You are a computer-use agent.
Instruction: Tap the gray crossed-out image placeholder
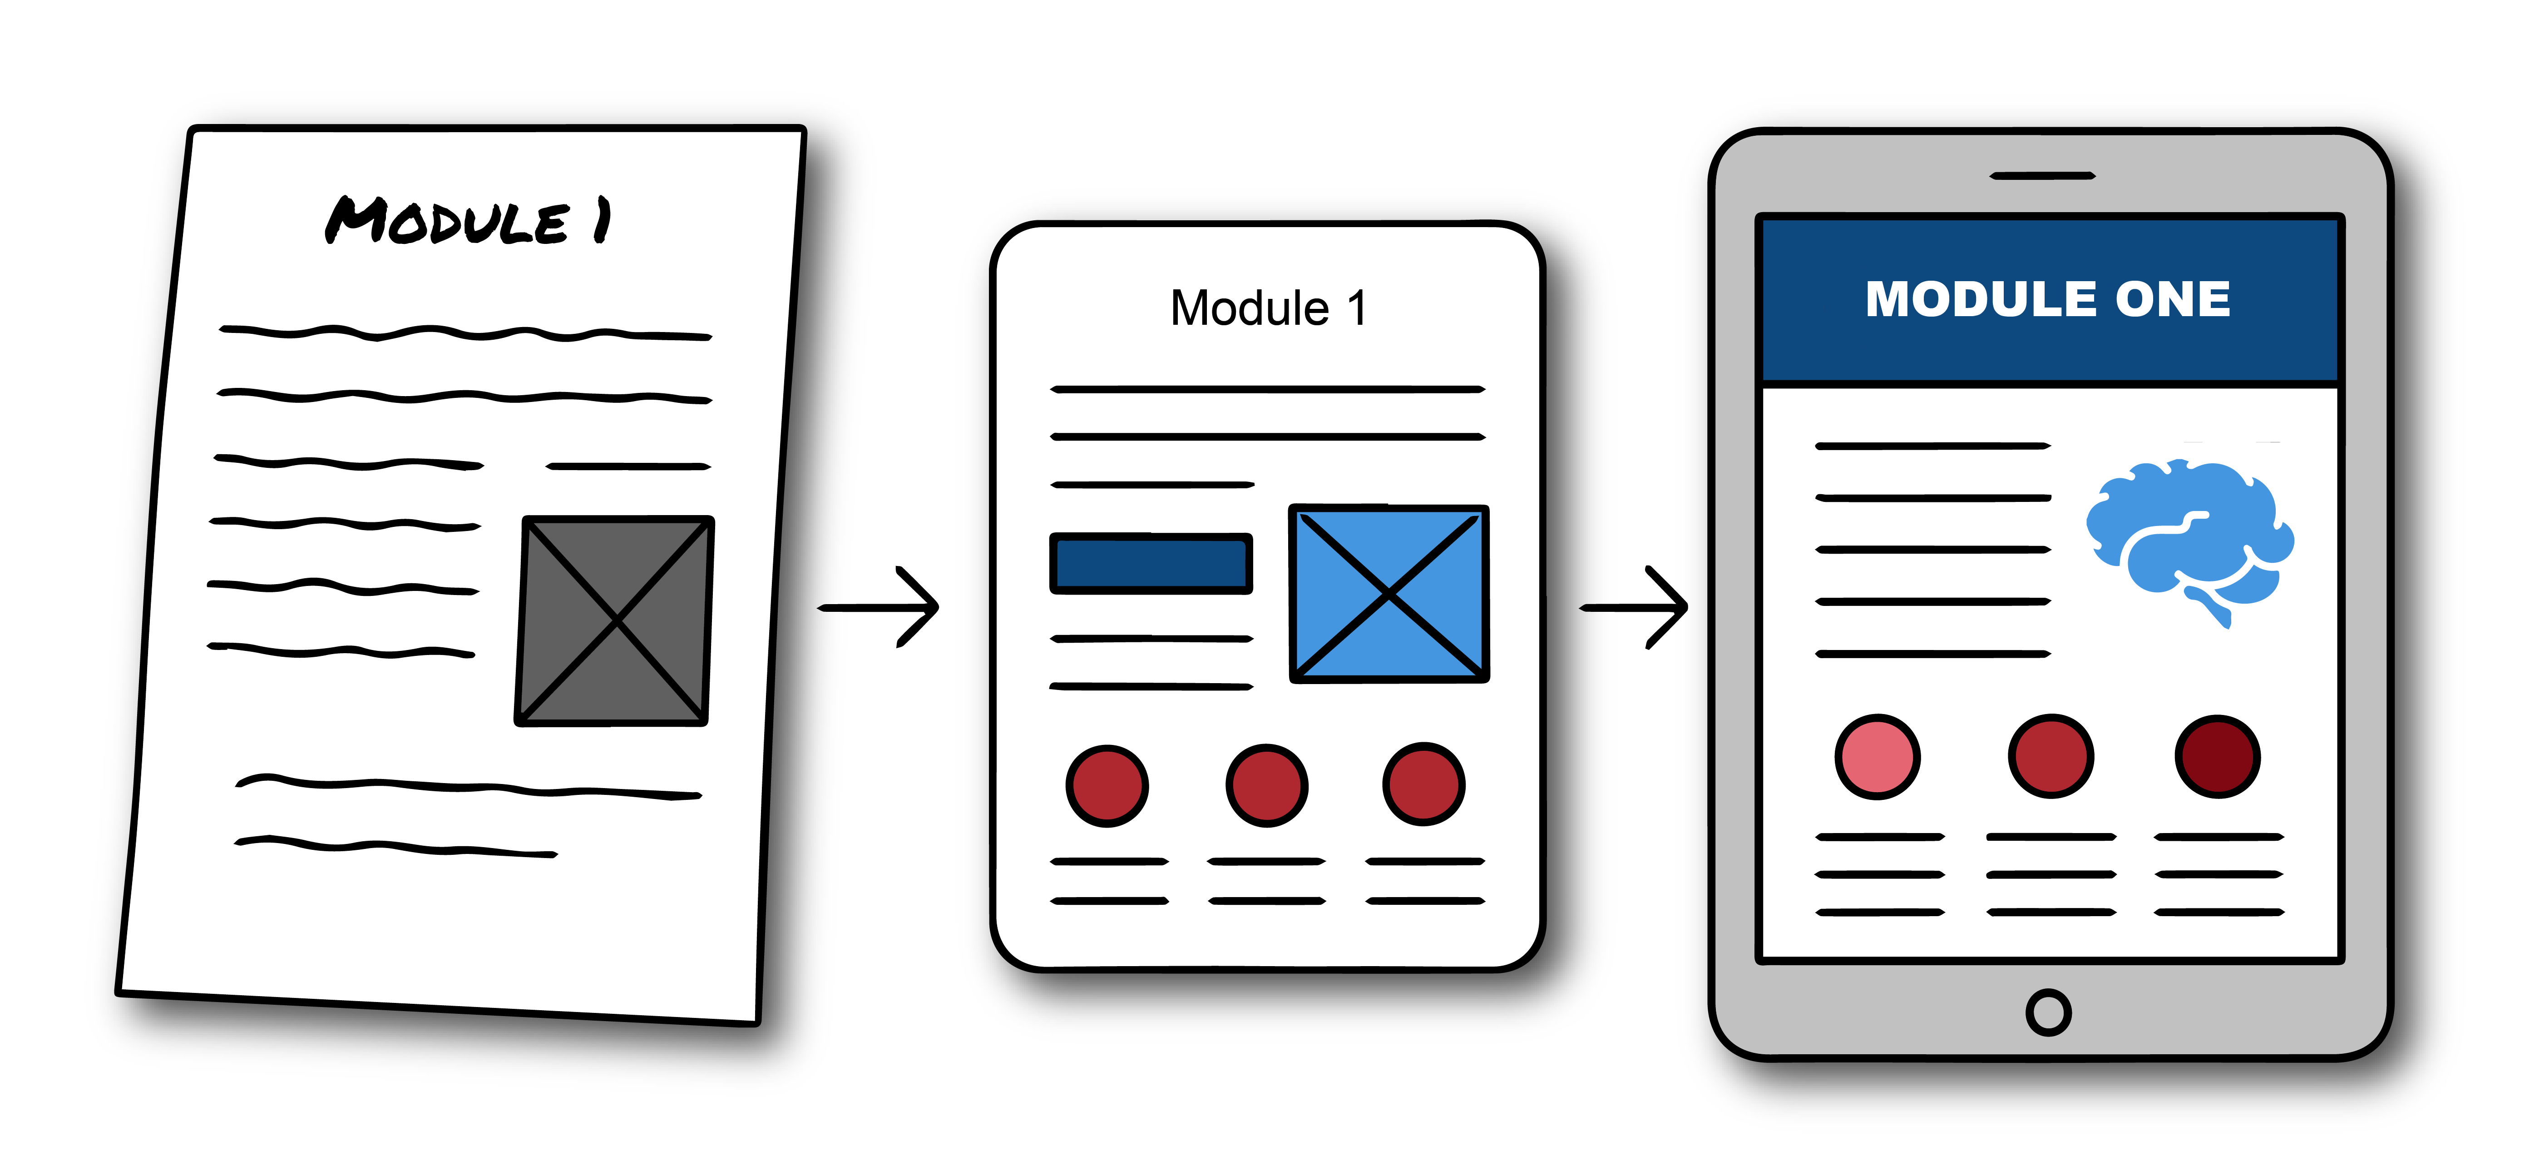pyautogui.click(x=615, y=621)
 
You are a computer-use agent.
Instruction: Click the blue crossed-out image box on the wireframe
pyautogui.click(x=1389, y=593)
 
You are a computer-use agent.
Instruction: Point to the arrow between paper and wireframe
pyautogui.click(x=879, y=607)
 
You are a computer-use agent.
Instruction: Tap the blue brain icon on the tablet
pyautogui.click(x=2190, y=536)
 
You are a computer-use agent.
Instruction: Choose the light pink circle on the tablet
pyautogui.click(x=1877, y=756)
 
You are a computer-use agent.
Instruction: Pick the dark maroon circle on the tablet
pyautogui.click(x=2218, y=756)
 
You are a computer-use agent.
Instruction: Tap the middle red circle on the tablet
pyautogui.click(x=2051, y=756)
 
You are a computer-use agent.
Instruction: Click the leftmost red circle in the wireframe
pyautogui.click(x=1107, y=786)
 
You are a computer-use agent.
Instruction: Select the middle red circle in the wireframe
pyautogui.click(x=1267, y=786)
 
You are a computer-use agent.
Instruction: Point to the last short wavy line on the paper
pyautogui.click(x=396, y=847)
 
